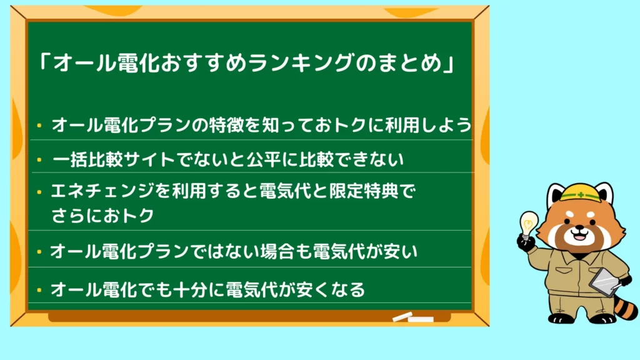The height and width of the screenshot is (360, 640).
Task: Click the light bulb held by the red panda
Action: coord(529,224)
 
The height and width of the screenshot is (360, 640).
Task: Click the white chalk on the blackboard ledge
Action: coord(413,317)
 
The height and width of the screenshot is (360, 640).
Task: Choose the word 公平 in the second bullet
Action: coord(263,159)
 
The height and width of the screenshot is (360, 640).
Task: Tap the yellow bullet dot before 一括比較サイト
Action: coord(39,159)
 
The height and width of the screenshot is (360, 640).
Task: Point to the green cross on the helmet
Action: coord(581,195)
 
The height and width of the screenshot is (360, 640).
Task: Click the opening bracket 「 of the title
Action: coord(44,62)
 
